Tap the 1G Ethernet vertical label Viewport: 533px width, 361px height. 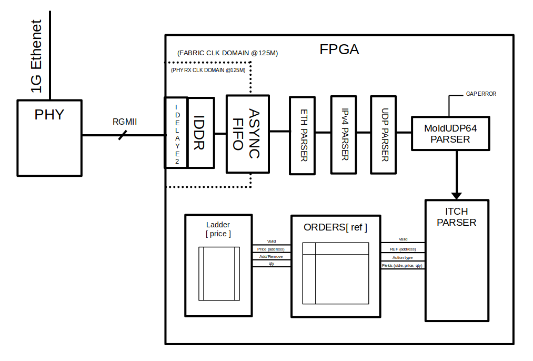tap(36, 56)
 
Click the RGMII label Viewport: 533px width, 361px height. tap(125, 122)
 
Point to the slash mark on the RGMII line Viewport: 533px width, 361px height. tap(122, 135)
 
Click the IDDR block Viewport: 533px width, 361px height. tap(200, 133)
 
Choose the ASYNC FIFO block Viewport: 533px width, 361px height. tap(247, 134)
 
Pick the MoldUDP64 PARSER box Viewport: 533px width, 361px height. tap(450, 134)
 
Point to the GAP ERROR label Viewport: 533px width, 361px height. tap(481, 94)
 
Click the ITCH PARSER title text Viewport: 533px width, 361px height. tap(456, 217)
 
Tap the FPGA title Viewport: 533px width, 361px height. tap(339, 50)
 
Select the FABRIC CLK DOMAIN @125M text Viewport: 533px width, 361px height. tap(227, 53)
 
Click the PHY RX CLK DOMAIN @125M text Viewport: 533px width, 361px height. tap(208, 70)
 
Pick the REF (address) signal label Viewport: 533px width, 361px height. tap(403, 249)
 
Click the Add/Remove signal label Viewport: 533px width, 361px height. tap(271, 256)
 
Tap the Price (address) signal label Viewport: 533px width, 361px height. tap(271, 249)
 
